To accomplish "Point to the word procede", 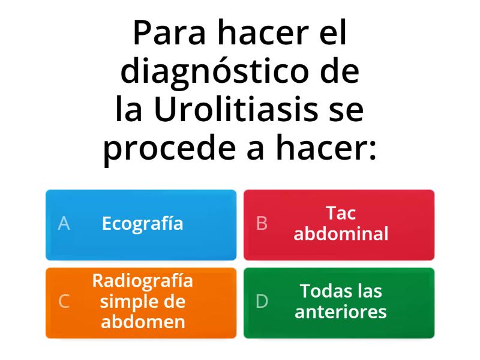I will pyautogui.click(x=172, y=148).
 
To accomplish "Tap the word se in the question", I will pyautogui.click(x=347, y=110).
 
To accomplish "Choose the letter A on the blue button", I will pyautogui.click(x=64, y=224).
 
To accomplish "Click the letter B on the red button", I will pyautogui.click(x=262, y=224).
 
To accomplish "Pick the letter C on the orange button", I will pyautogui.click(x=64, y=301).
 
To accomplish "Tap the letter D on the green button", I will pyautogui.click(x=262, y=301).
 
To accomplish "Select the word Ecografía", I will pyautogui.click(x=142, y=224).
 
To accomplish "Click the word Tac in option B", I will pyautogui.click(x=341, y=214).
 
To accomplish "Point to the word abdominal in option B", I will pyautogui.click(x=341, y=234).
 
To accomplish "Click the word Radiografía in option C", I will pyautogui.click(x=143, y=281).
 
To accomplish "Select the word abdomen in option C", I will pyautogui.click(x=143, y=322).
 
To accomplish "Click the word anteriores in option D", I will pyautogui.click(x=341, y=312).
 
